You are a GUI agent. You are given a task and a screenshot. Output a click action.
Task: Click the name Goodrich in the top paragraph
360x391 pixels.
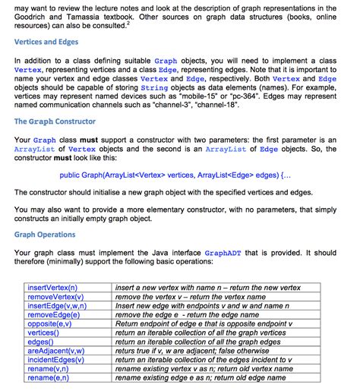click(x=36, y=15)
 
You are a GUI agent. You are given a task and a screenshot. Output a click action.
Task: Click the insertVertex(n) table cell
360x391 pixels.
click(x=53, y=289)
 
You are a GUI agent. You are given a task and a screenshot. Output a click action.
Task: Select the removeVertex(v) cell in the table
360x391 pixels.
click(x=55, y=297)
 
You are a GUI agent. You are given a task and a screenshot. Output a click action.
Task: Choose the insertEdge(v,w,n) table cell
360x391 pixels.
click(x=57, y=305)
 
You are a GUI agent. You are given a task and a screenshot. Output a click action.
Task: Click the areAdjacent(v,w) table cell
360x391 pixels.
click(x=56, y=350)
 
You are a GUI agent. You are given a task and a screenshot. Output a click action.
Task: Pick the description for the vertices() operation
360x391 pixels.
click(x=204, y=332)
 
